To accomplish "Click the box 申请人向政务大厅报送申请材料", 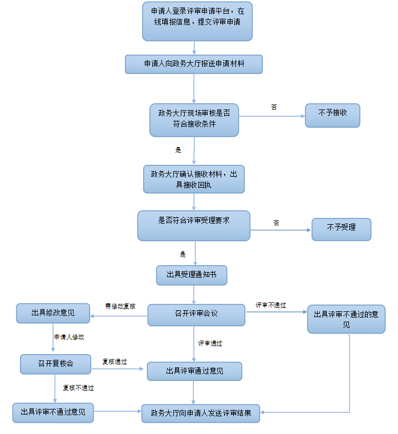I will pos(194,64).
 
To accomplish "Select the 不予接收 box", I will pos(332,115).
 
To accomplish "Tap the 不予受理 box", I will pos(341,229).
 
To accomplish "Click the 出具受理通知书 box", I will pos(192,275).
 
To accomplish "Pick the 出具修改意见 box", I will pos(52,313).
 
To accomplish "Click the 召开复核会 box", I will pos(55,364).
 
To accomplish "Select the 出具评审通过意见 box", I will pos(194,371).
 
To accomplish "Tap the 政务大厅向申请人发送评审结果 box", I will pos(201,413).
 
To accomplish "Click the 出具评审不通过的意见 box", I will pos(346,319).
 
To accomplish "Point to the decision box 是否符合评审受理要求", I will pos(194,225).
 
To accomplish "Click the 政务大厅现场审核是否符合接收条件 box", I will pos(194,120).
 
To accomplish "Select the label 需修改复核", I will pos(120,306).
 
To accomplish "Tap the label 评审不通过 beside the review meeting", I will pos(271,306).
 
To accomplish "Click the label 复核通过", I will pos(115,362).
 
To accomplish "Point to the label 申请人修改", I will pos(69,337).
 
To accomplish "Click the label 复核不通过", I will pos(78,388).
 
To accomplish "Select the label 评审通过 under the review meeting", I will pos(210,343).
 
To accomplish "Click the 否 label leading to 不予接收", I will pos(274,107).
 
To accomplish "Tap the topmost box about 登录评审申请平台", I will pos(197,21).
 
